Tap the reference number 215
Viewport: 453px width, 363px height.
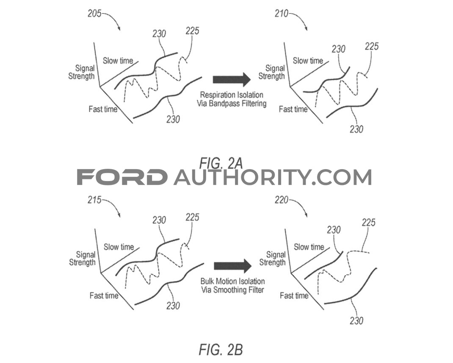[94, 200]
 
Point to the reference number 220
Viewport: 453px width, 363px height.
[282, 200]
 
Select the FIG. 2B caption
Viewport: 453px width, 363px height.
[221, 350]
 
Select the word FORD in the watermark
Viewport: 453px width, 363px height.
[122, 177]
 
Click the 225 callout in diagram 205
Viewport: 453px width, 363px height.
[192, 31]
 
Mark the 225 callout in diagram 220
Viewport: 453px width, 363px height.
[369, 223]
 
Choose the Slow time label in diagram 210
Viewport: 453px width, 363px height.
[308, 61]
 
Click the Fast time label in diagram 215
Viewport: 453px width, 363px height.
[104, 296]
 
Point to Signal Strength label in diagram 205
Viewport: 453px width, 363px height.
[81, 73]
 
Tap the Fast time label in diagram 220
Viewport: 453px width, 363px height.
[294, 296]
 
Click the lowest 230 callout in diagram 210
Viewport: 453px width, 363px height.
[356, 129]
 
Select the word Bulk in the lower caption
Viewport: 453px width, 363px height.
[207, 282]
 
